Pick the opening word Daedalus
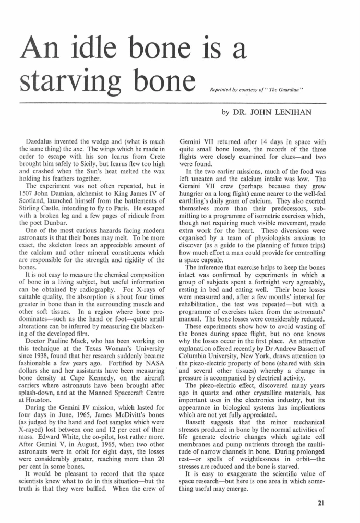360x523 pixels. (x=41, y=141)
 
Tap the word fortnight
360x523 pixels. (x=259, y=287)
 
